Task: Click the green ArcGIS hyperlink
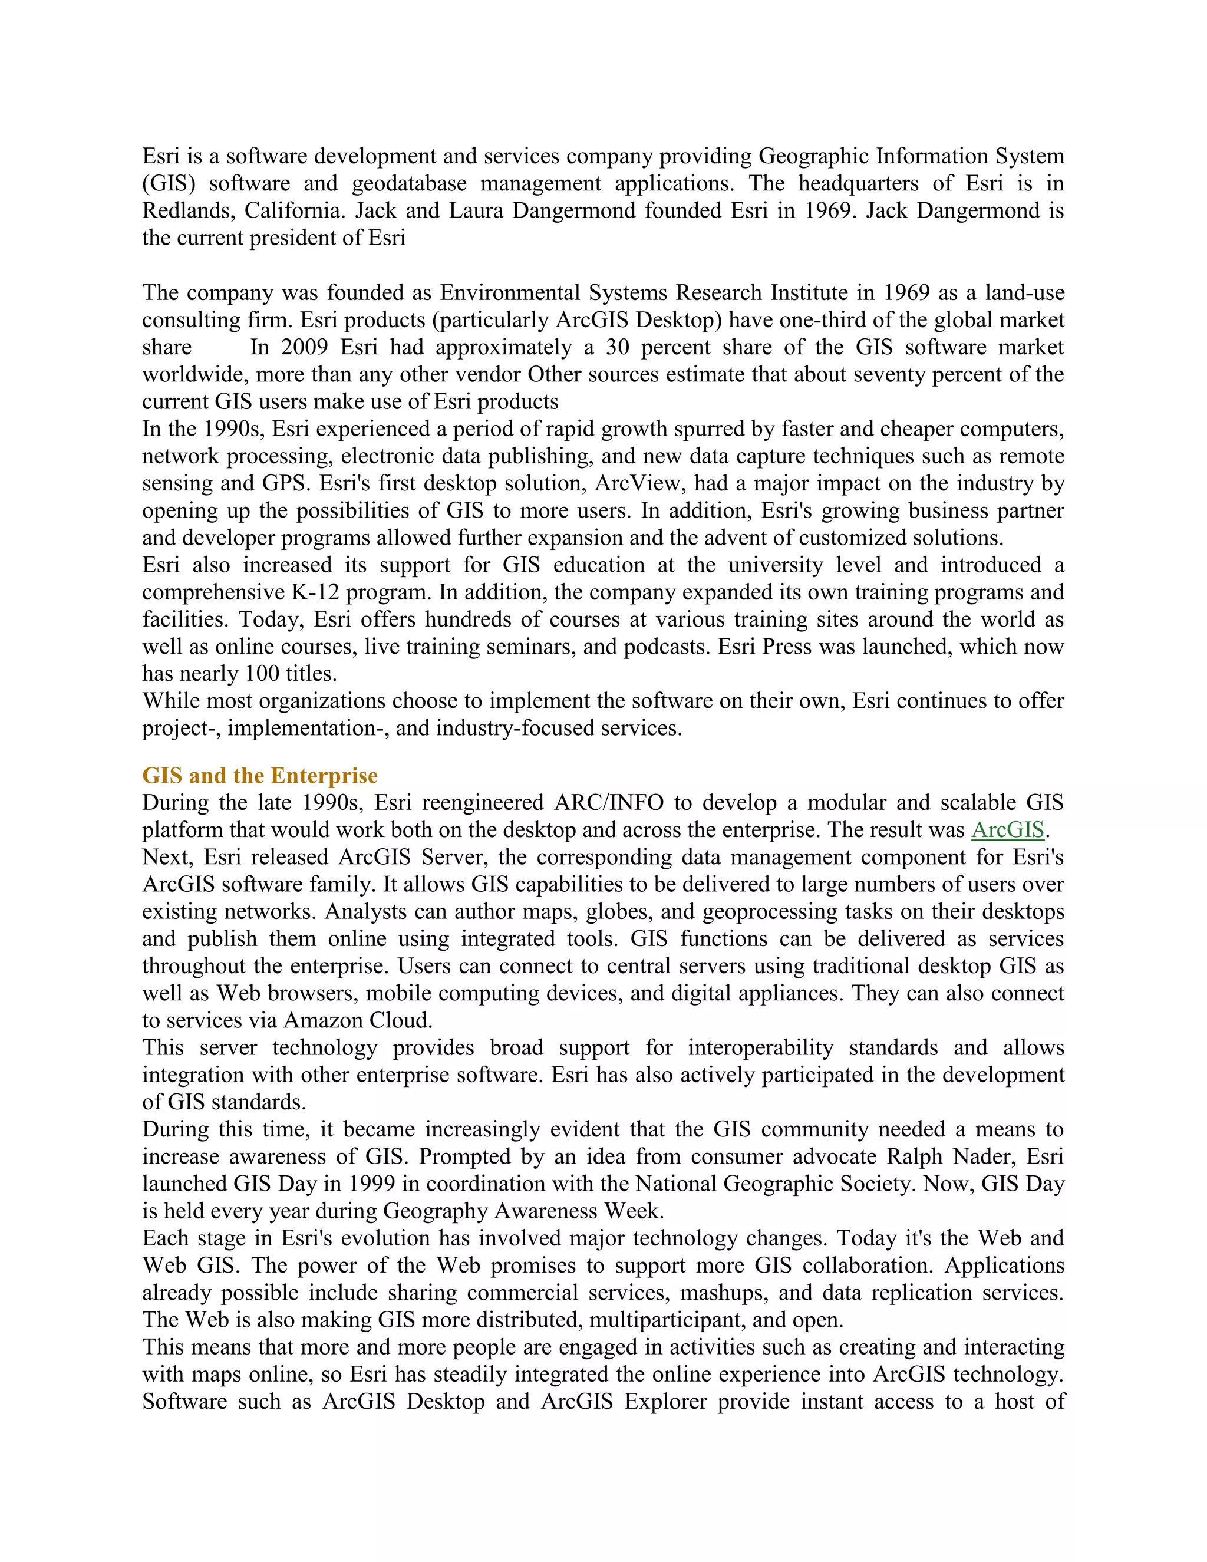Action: pos(1007,831)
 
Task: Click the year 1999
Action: pos(371,1184)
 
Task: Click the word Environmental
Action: pos(509,293)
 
